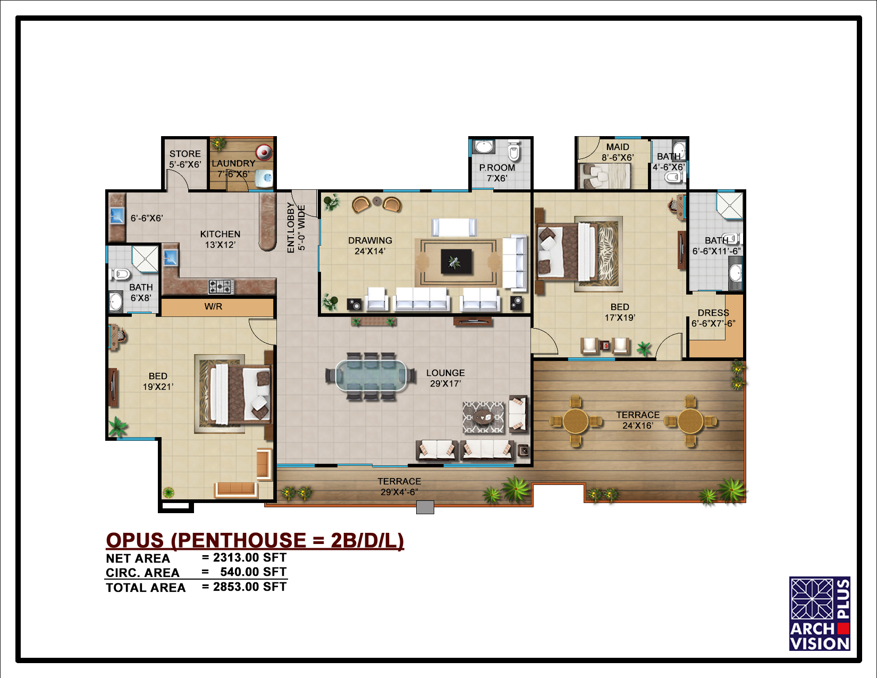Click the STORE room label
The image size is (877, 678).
click(x=185, y=154)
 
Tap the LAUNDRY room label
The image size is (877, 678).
click(x=233, y=164)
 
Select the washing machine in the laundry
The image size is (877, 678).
click(x=264, y=153)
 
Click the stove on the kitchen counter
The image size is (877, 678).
click(x=221, y=286)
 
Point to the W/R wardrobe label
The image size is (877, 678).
click(x=213, y=306)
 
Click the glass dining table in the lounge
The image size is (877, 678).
click(x=371, y=376)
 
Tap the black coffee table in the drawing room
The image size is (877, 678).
click(x=456, y=261)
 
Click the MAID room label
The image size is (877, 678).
click(x=618, y=147)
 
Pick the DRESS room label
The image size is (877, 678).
click(x=713, y=313)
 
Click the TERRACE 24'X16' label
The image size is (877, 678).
click(x=638, y=420)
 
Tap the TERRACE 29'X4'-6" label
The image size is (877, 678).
click(x=399, y=487)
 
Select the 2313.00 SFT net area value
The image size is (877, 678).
click(x=249, y=558)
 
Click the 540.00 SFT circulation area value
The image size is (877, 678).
click(x=253, y=572)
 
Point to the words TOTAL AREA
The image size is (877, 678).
click(x=146, y=588)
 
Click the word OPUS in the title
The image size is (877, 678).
click(x=135, y=540)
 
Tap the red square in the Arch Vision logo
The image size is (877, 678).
click(x=844, y=629)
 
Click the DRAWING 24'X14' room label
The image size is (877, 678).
click(x=370, y=246)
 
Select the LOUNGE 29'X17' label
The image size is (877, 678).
click(x=445, y=378)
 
